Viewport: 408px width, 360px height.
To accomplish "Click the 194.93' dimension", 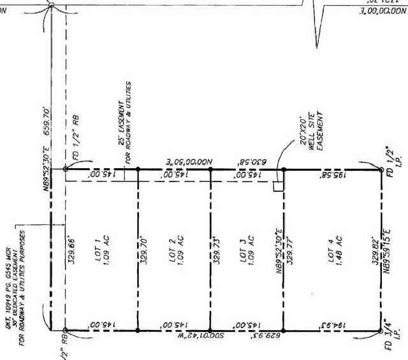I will coord(331,324).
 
